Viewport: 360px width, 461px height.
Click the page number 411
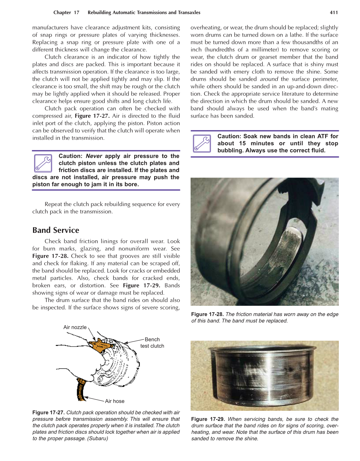click(x=334, y=12)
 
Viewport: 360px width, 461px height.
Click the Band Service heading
click(x=56, y=230)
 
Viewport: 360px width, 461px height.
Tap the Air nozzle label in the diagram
click(x=75, y=327)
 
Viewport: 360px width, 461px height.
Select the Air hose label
click(x=115, y=401)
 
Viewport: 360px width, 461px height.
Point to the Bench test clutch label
click(x=152, y=343)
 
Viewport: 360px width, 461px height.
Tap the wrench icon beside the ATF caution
click(x=202, y=143)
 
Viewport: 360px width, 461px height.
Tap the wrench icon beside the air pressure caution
click(x=43, y=163)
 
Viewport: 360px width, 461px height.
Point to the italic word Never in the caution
click(x=94, y=156)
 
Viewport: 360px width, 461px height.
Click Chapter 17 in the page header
click(x=66, y=12)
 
